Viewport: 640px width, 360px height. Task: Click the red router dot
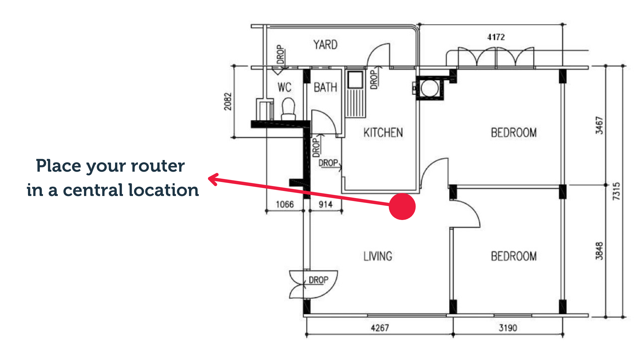pos(402,206)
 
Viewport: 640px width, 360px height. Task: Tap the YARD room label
pos(325,45)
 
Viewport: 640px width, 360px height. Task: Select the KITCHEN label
pos(383,133)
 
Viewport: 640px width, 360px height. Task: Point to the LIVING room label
pos(378,256)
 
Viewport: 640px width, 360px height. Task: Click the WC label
pos(284,87)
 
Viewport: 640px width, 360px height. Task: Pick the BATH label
pos(325,87)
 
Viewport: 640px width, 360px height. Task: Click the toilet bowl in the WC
pos(288,107)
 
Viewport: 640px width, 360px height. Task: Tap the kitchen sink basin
pos(355,79)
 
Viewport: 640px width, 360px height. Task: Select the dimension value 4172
pos(496,37)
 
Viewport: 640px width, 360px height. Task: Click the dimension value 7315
pos(616,191)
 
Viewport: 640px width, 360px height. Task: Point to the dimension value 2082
pos(227,101)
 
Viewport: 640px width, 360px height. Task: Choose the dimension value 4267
pos(380,328)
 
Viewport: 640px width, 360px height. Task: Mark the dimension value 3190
pos(508,328)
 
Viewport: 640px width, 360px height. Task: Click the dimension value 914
pos(325,204)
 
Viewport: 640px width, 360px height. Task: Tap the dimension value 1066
pos(285,204)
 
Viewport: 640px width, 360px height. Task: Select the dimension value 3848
pos(599,251)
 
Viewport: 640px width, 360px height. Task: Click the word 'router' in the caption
pos(158,166)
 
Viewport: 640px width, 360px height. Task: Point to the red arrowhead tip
pos(209,179)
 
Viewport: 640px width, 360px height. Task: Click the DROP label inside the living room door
pos(318,280)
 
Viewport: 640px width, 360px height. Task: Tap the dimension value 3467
pos(599,125)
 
